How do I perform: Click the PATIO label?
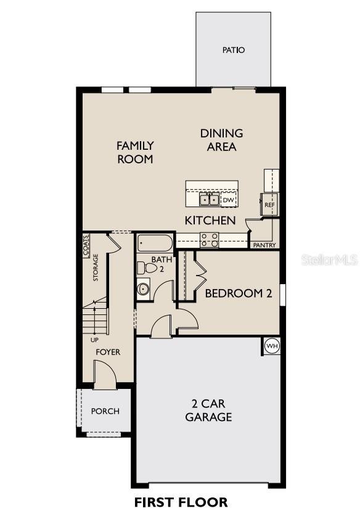coord(234,50)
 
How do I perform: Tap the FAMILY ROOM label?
coord(135,152)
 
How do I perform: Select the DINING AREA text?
coord(221,140)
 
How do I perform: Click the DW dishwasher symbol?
coord(228,200)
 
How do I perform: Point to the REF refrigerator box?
coord(269,204)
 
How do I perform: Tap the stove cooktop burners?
coord(209,240)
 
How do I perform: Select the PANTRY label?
coord(264,245)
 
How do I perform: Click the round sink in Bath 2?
coord(144,288)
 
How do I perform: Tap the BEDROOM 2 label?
coord(238,293)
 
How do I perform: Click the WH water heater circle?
coord(272,346)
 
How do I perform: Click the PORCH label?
coord(105,411)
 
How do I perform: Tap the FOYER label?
coord(107,352)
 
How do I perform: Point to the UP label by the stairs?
coord(94,339)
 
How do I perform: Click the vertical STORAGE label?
coord(96,267)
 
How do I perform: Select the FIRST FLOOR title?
coord(181,502)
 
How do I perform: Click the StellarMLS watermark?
coord(329,260)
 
